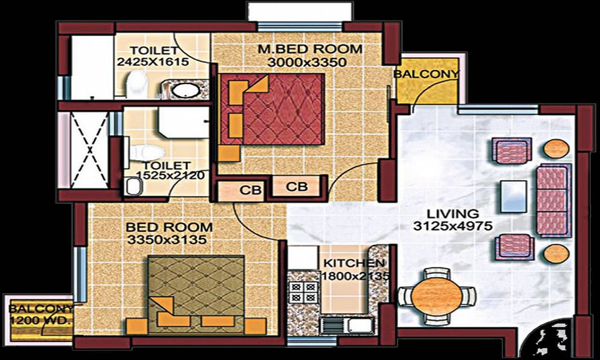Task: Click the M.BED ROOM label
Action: pyautogui.click(x=302, y=49)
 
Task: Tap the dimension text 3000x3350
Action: pyautogui.click(x=302, y=62)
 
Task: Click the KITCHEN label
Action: pyautogui.click(x=354, y=263)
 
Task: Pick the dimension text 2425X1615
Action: pyautogui.click(x=153, y=62)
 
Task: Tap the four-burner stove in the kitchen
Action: pyautogui.click(x=303, y=293)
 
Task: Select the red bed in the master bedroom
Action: pyautogui.click(x=273, y=109)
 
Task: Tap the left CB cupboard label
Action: pyautogui.click(x=250, y=191)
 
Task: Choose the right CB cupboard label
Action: pyautogui.click(x=296, y=187)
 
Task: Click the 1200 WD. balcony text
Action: pyautogui.click(x=41, y=321)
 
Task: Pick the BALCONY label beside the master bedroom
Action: pyautogui.click(x=427, y=74)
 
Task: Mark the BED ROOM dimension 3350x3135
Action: pyautogui.click(x=169, y=240)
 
